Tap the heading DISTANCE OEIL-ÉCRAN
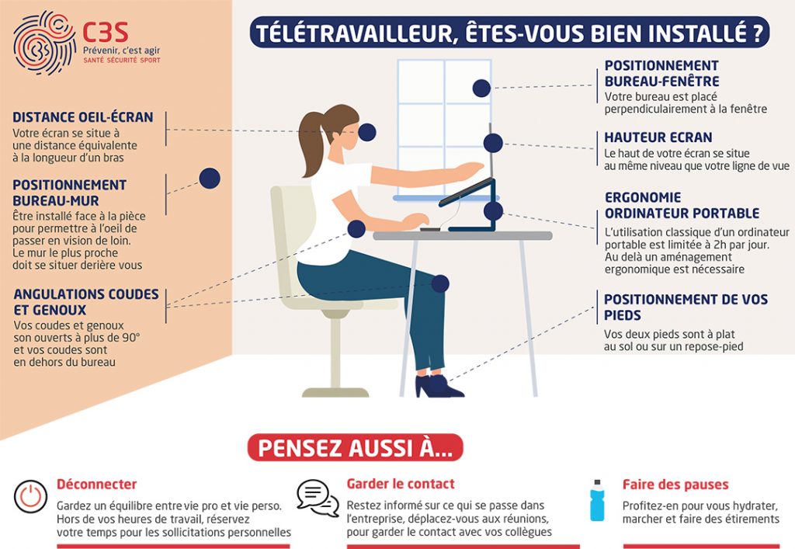(x=82, y=117)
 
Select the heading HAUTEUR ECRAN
(x=658, y=137)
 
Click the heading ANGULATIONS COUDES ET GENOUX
(x=86, y=301)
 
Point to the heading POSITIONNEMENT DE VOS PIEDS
(x=686, y=308)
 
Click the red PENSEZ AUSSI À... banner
(x=355, y=447)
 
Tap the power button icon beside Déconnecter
(x=30, y=496)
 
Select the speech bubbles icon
(x=318, y=497)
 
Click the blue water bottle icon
(x=597, y=500)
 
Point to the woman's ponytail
(x=311, y=144)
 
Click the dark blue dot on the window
(x=481, y=89)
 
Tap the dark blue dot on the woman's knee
(x=440, y=284)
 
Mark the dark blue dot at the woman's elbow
(x=356, y=228)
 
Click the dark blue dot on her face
(x=366, y=132)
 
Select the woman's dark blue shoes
(x=438, y=386)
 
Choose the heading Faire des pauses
(x=675, y=485)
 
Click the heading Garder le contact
(x=401, y=484)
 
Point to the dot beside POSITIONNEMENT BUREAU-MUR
(x=210, y=179)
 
